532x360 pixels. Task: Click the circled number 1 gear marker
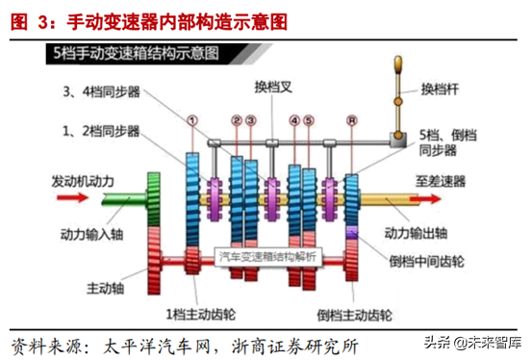coord(191,122)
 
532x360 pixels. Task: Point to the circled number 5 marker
coord(308,122)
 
